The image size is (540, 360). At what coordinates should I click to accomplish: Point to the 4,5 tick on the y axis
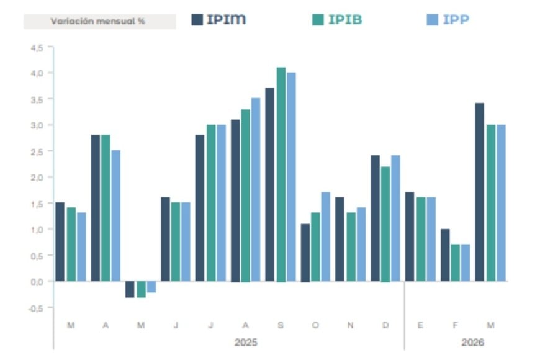click(x=37, y=47)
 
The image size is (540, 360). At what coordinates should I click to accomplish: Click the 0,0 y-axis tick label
click(x=37, y=281)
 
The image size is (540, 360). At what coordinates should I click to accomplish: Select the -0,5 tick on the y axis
click(x=36, y=307)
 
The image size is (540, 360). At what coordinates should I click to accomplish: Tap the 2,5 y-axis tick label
click(x=37, y=151)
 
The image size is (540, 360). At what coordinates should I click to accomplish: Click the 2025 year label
click(x=246, y=342)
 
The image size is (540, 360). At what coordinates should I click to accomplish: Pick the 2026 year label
click(x=473, y=342)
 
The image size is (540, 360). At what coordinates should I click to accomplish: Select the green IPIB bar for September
click(x=281, y=174)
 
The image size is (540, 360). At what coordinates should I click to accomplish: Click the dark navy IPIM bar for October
click(x=305, y=253)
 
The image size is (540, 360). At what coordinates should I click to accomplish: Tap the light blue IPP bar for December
click(x=396, y=218)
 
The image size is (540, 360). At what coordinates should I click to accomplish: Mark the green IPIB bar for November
click(x=351, y=247)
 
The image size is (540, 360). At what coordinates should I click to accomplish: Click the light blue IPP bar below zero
click(x=151, y=287)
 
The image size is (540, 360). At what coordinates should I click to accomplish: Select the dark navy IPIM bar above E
click(x=409, y=237)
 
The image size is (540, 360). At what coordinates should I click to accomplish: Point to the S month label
click(x=281, y=325)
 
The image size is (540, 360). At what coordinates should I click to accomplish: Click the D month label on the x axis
click(x=386, y=325)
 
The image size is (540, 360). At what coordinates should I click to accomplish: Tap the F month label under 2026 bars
click(x=456, y=325)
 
